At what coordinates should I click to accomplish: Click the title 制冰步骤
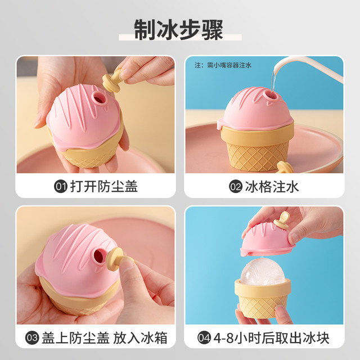click(x=179, y=30)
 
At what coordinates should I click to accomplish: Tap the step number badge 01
click(x=61, y=186)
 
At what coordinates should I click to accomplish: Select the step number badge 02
click(x=236, y=186)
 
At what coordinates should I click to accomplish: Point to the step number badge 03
click(x=32, y=338)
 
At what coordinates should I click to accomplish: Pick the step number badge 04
click(x=204, y=338)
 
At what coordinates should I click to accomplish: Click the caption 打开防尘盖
click(x=103, y=186)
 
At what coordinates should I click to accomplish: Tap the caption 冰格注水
click(x=272, y=186)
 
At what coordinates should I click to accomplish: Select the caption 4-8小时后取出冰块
click(x=271, y=338)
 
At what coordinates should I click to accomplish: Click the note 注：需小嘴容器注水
click(x=223, y=65)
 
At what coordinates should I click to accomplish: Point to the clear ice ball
click(x=263, y=272)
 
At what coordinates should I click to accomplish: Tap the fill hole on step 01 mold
click(x=99, y=98)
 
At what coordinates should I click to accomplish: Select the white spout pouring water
click(x=308, y=68)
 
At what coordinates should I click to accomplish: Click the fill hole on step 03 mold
click(x=99, y=256)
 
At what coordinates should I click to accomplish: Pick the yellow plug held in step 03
click(x=119, y=258)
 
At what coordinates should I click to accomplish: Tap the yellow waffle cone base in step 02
click(x=257, y=147)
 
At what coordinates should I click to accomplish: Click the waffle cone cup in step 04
click(x=263, y=298)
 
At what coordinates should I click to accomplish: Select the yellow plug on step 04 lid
click(x=281, y=220)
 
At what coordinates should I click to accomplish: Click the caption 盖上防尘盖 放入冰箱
click(x=105, y=338)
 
